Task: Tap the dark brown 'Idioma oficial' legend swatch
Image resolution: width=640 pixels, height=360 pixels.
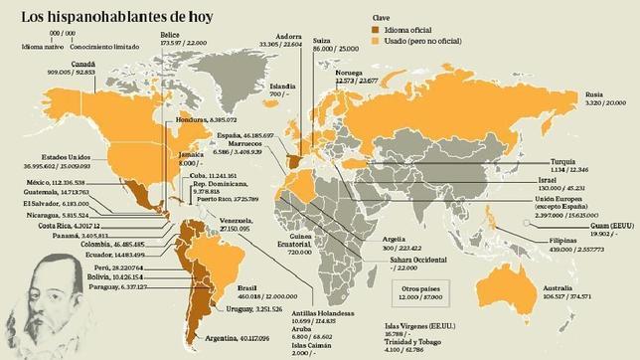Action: [x=377, y=30]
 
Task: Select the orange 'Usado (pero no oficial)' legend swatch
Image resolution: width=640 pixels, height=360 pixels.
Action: [x=377, y=43]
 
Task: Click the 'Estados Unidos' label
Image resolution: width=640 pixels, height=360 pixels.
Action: [x=40, y=161]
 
